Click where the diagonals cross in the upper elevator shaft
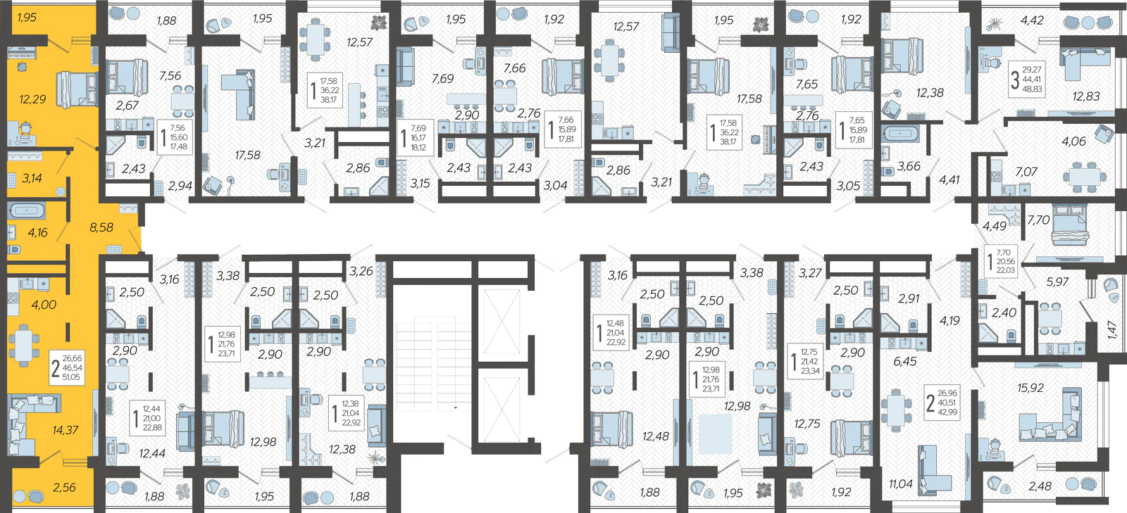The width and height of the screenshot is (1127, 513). pos(502,322)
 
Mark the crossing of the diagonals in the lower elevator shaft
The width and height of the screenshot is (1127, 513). pos(502,410)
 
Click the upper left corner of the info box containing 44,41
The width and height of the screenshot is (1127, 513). pos(1009,61)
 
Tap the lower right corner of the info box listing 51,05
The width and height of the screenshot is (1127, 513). pos(85,385)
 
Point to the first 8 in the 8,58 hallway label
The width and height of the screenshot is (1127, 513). pos(93,227)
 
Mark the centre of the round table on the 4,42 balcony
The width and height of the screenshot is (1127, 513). pos(1088,23)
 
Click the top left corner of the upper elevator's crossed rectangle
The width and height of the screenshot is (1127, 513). pos(483,289)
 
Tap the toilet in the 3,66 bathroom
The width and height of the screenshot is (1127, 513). pos(888,171)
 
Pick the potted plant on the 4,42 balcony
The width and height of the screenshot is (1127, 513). pos(992,24)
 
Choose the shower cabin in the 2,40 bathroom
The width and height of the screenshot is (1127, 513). pos(987,333)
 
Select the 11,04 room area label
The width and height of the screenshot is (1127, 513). pos(901,484)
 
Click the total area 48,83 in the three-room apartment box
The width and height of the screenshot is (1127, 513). pos(1032,89)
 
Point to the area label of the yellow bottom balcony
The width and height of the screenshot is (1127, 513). pos(64,488)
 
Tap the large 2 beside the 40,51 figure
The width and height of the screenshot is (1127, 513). pos(930,403)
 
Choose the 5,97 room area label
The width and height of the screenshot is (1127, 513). pos(1057,282)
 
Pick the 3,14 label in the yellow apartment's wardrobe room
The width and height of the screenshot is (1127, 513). pos(32,178)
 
